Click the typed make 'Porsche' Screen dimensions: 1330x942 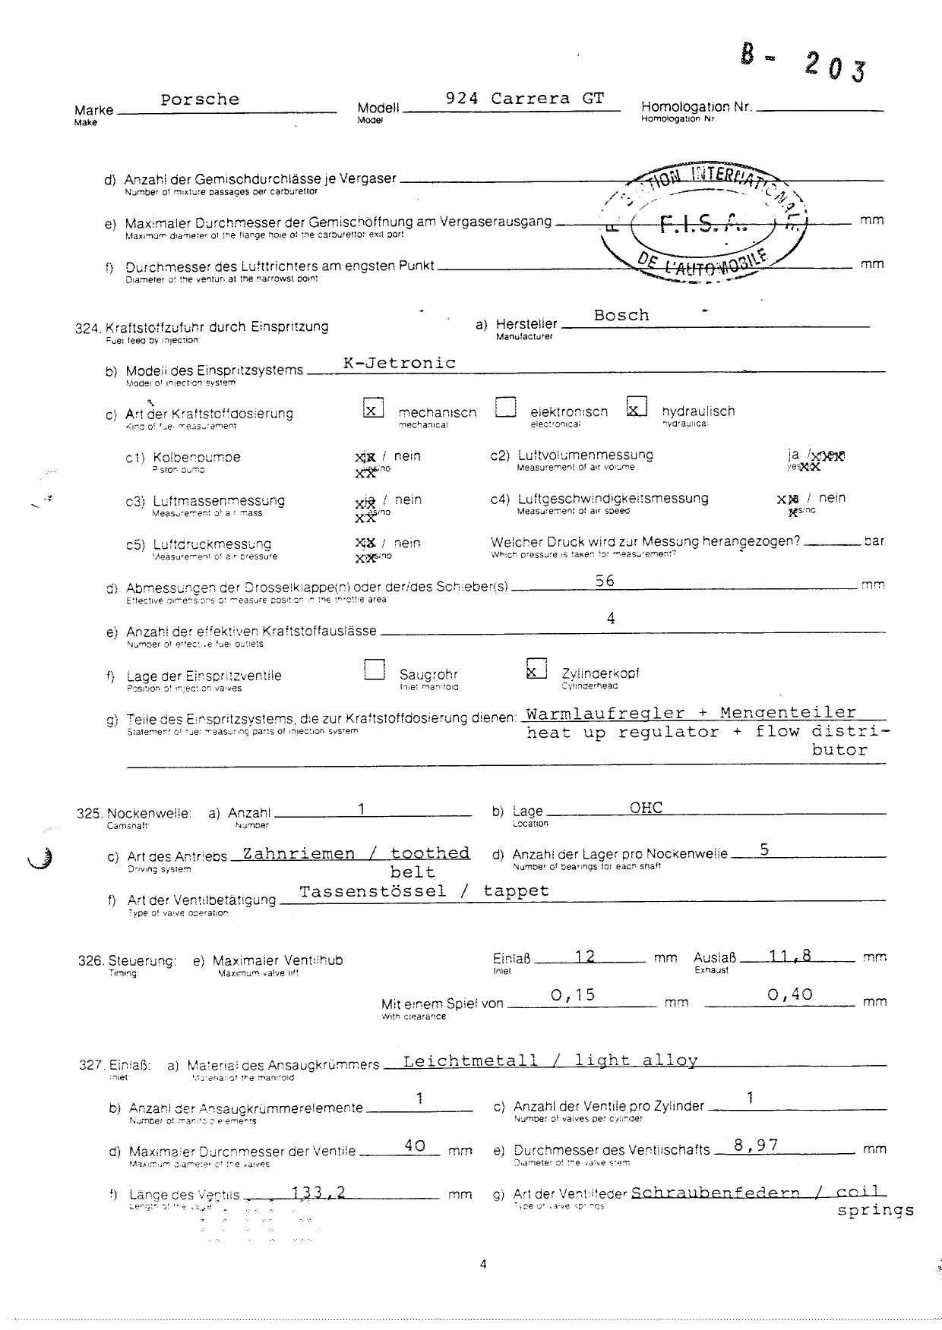tap(200, 99)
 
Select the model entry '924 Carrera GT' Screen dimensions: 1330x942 tap(525, 99)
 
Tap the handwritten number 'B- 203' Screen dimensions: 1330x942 tap(803, 62)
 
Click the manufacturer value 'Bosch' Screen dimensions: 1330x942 tap(621, 315)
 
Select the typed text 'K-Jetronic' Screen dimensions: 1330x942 tap(400, 363)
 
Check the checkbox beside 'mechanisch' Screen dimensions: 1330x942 tap(373, 408)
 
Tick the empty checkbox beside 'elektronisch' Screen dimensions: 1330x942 tap(505, 408)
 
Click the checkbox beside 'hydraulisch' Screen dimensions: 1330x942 tap(637, 408)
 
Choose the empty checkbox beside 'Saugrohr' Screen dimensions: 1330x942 tap(374, 670)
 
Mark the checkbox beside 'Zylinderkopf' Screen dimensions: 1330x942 tap(536, 669)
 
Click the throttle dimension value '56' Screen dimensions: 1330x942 tap(605, 581)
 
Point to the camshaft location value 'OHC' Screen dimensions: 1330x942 tap(646, 807)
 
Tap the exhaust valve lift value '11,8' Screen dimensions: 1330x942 tap(790, 956)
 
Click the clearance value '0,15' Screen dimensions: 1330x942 tap(573, 994)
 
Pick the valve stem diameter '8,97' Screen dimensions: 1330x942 tap(756, 1145)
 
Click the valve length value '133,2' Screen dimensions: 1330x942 tap(319, 1193)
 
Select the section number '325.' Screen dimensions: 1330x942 tap(90, 813)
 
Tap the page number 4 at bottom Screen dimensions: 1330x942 tap(483, 1264)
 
